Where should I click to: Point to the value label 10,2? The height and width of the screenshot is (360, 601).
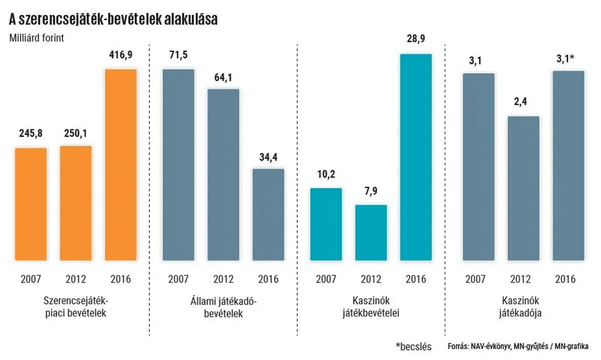[326, 176]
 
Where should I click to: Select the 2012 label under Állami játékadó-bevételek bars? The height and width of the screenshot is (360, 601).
[223, 280]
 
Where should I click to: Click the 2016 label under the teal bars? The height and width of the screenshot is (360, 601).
[415, 280]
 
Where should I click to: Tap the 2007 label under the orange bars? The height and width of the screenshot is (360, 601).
[31, 280]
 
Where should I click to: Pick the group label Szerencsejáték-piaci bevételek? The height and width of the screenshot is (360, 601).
[75, 307]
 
